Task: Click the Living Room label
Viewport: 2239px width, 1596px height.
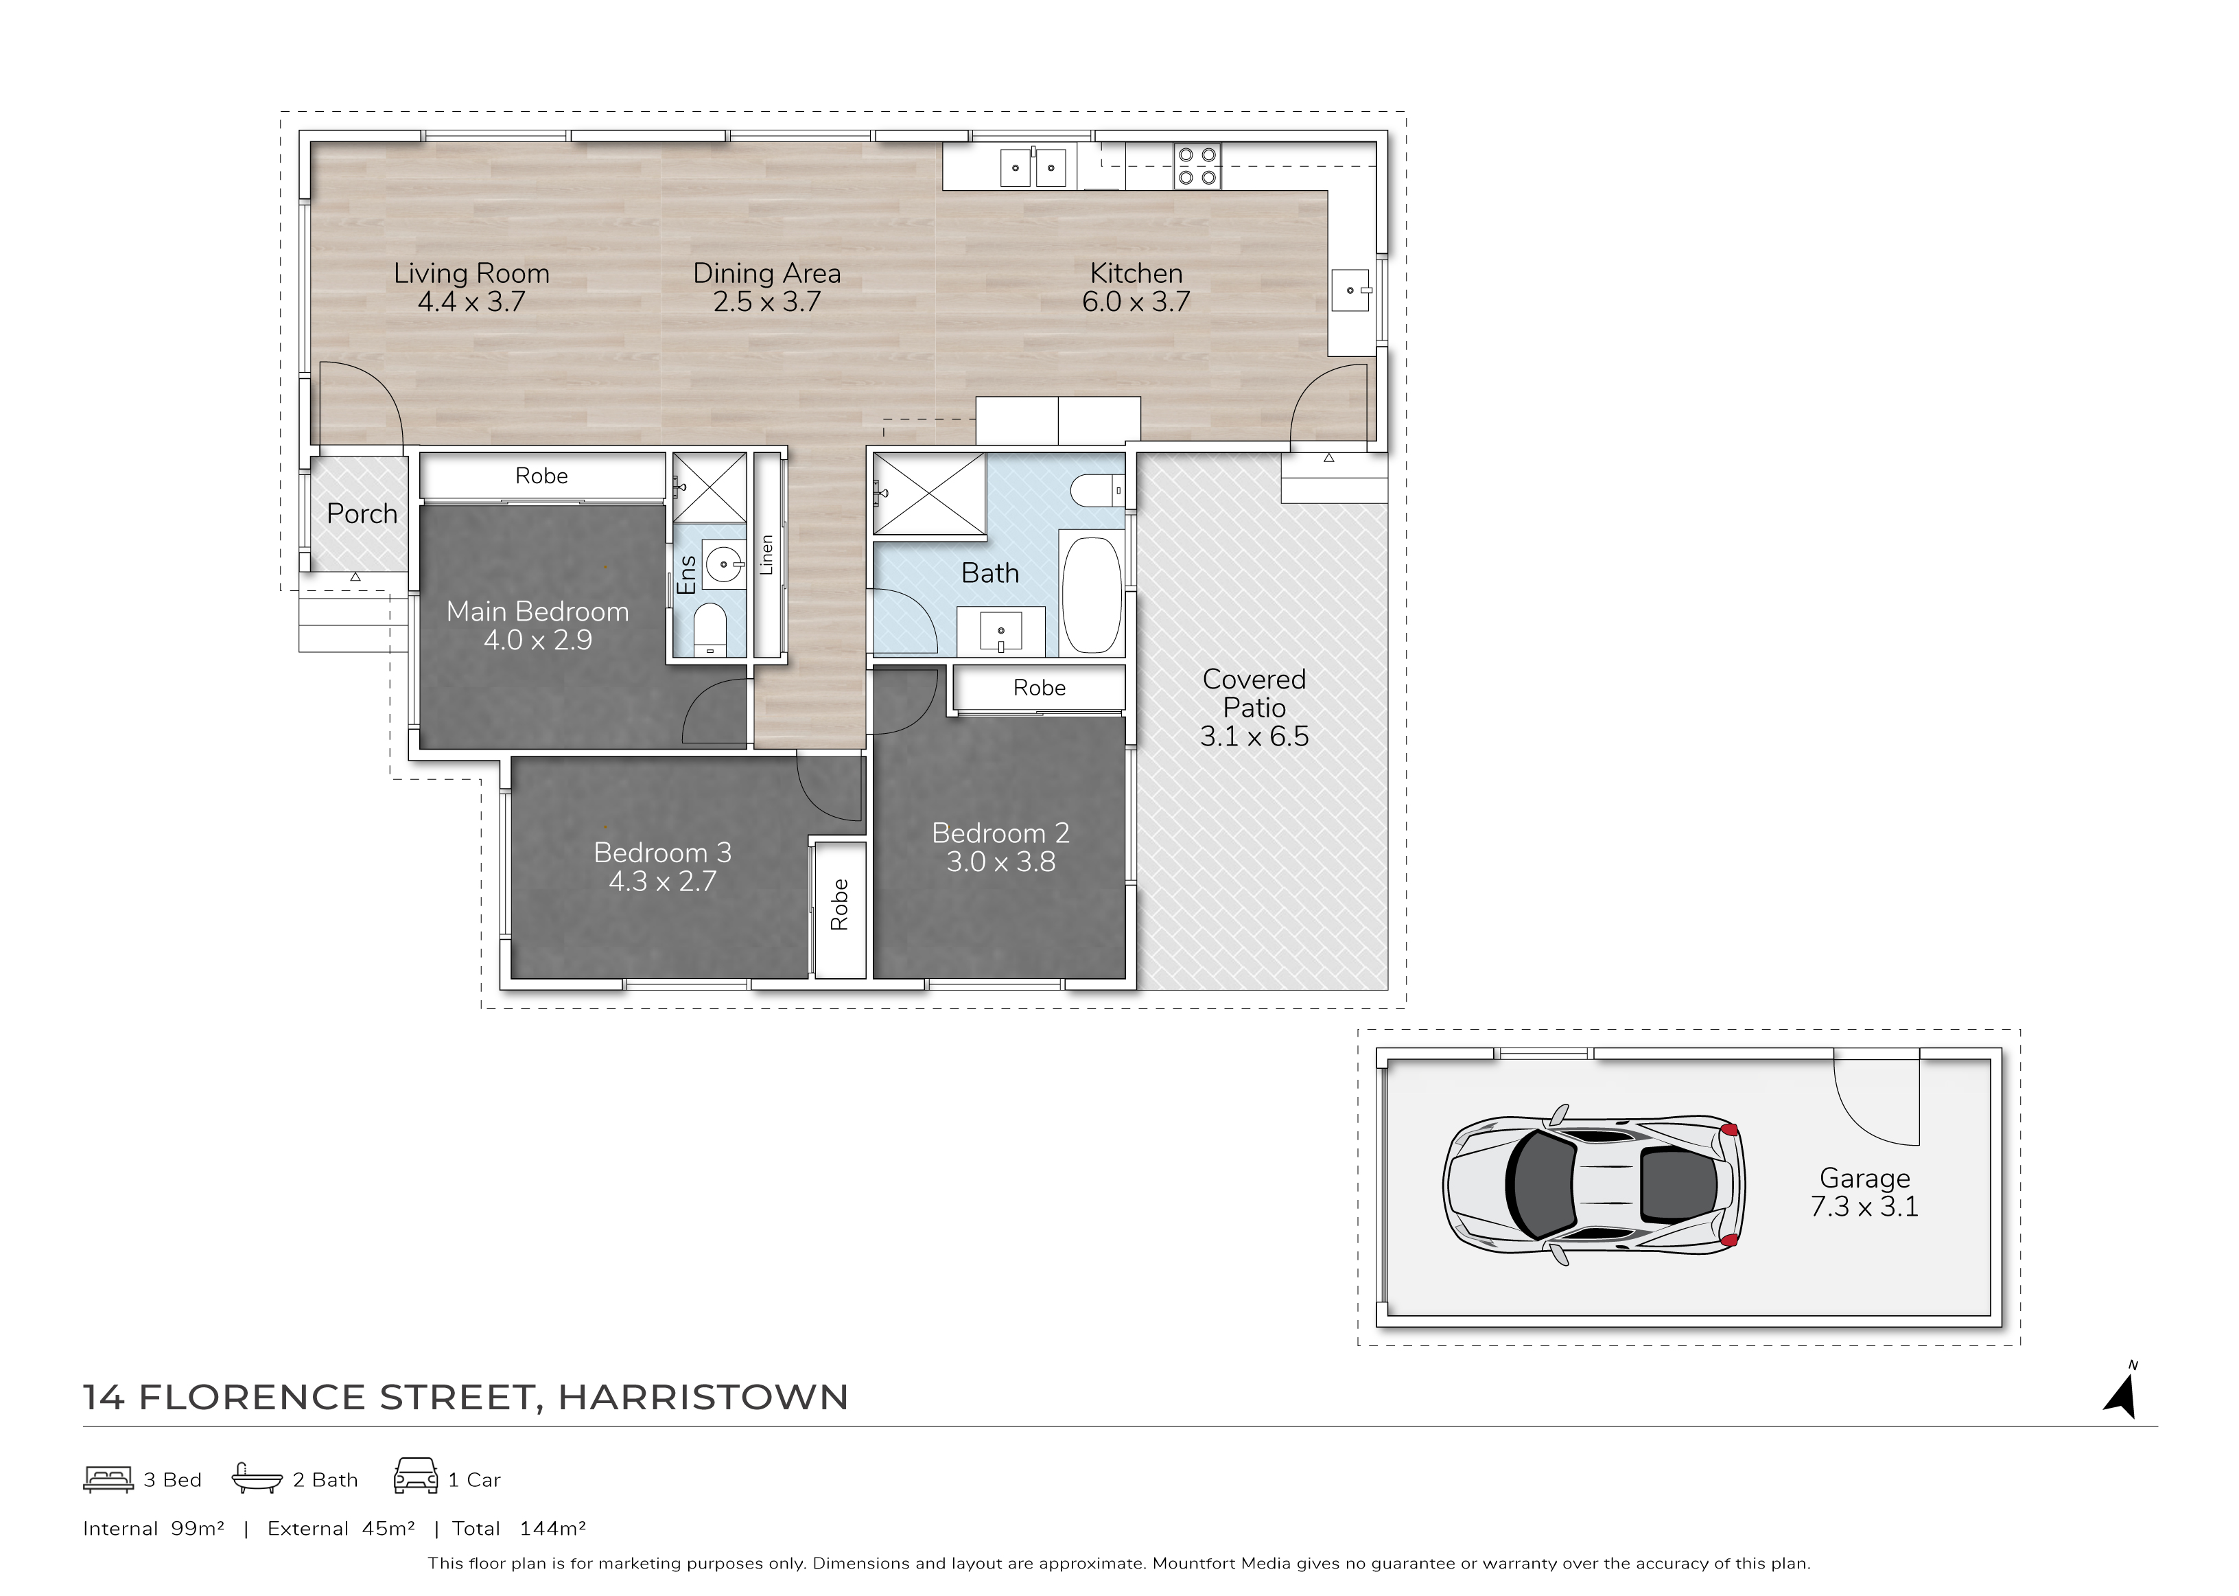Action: point(471,273)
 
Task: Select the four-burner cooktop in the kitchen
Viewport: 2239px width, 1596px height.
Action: point(1197,166)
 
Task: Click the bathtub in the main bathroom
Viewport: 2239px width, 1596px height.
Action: point(1092,594)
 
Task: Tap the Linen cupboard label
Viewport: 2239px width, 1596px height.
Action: point(767,555)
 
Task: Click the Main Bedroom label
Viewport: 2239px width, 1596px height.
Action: point(537,611)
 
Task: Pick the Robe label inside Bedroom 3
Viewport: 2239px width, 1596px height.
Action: point(839,904)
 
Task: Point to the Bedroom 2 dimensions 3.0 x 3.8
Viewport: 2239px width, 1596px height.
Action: point(1000,862)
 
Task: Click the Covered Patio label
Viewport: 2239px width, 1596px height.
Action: point(1254,693)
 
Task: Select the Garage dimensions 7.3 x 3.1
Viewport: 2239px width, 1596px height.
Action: point(1864,1207)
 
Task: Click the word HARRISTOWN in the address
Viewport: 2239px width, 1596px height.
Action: point(703,1398)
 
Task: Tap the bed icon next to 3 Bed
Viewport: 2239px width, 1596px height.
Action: point(108,1479)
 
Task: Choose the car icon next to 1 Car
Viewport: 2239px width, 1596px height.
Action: point(416,1476)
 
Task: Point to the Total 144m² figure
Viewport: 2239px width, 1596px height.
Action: point(519,1528)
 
